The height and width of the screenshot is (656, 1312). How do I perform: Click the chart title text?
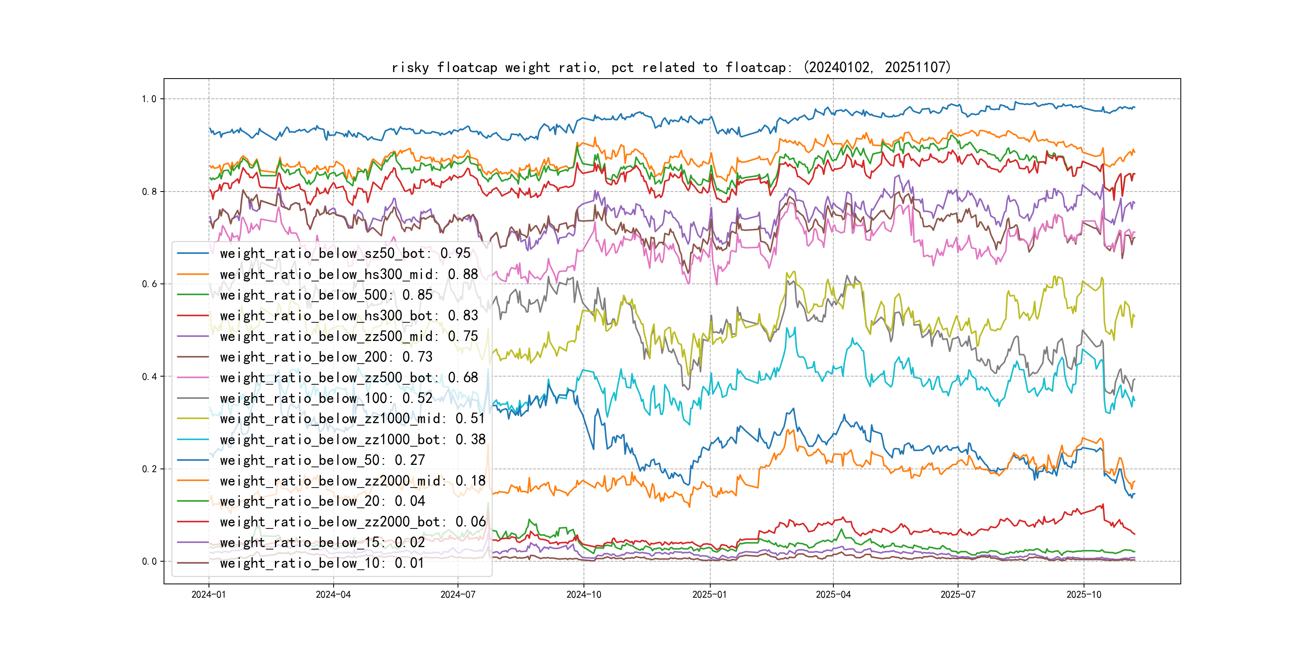coord(671,67)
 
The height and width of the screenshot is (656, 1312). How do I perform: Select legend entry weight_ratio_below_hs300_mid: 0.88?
coord(349,274)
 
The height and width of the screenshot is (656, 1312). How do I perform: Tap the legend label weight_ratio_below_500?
coord(326,295)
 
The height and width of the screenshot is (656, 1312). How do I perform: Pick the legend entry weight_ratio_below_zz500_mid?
coord(349,336)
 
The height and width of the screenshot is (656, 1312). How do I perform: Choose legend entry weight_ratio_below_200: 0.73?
coord(326,357)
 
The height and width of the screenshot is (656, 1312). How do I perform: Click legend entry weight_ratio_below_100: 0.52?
coord(326,398)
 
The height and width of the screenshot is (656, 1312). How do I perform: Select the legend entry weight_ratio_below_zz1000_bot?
coord(352,439)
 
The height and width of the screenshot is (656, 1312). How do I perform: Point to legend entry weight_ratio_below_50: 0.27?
coord(322,460)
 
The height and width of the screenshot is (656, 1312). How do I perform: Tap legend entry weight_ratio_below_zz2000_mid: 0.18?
coord(352,481)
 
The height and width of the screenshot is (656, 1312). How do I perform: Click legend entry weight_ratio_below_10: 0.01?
coord(322,563)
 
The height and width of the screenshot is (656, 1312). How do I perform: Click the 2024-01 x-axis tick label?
coord(208,595)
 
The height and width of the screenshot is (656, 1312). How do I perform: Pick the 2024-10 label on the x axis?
coord(584,595)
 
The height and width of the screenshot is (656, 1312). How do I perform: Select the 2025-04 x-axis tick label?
coord(833,595)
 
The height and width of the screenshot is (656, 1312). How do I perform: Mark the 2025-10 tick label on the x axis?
coord(1084,595)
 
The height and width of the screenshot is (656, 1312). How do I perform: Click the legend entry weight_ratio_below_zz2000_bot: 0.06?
coord(352,522)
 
